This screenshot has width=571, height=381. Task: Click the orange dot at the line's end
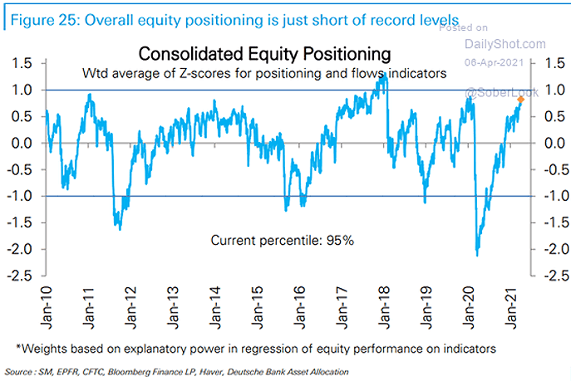[521, 100]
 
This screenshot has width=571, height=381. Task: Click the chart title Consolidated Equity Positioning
[264, 55]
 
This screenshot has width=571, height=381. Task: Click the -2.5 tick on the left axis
[23, 276]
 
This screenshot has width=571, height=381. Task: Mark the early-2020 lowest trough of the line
[477, 254]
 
